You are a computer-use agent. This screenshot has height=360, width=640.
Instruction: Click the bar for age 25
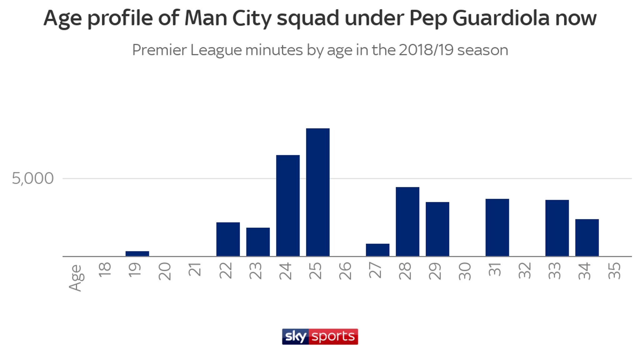coord(317,192)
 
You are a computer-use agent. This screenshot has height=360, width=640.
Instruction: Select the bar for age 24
coord(288,206)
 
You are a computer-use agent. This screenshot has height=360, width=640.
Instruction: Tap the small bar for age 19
coord(137,253)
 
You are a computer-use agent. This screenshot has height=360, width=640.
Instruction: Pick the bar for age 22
coord(228,239)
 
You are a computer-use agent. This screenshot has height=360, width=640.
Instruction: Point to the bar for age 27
coord(377,250)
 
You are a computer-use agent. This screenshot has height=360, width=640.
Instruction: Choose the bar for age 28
coord(407,222)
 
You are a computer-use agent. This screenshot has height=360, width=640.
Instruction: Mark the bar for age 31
coord(497,227)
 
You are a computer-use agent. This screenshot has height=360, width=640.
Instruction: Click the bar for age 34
coord(587,237)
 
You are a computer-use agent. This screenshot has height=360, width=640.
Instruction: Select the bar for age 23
coord(258,242)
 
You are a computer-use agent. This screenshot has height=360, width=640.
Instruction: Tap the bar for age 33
coord(557,228)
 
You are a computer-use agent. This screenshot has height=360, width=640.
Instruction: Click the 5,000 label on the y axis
coord(32,179)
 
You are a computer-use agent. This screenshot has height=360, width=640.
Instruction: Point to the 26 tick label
coord(345,271)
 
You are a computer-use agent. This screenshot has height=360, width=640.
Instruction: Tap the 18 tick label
coord(105,269)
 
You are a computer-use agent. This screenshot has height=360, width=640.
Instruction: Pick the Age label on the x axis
coord(76,278)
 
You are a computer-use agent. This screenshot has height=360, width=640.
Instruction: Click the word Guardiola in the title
coord(501,18)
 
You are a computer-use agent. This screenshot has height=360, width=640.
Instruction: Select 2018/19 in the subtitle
coord(426,50)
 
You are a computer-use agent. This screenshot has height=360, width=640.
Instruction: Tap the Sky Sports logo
coord(320,337)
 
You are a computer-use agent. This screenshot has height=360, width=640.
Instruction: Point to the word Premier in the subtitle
coord(159,50)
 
